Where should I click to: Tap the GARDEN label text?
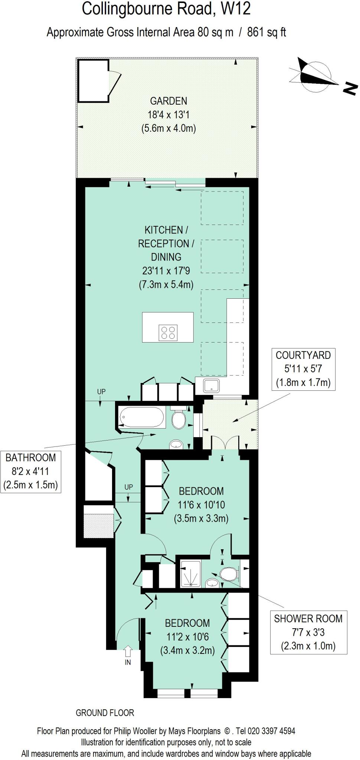pyautogui.click(x=168, y=101)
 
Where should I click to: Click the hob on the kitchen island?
pyautogui.click(x=168, y=332)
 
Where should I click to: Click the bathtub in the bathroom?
pyautogui.click(x=141, y=417)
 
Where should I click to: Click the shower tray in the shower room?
pyautogui.click(x=191, y=574)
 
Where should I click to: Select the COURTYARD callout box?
pyautogui.click(x=303, y=369)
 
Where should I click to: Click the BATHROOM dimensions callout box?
pyautogui.click(x=31, y=471)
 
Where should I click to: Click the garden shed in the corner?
pyautogui.click(x=92, y=80)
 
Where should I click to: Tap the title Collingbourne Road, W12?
pyautogui.click(x=166, y=9)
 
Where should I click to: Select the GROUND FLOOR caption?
pyautogui.click(x=105, y=712)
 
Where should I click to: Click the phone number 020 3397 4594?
pyautogui.click(x=273, y=731)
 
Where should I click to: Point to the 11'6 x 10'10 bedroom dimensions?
pyautogui.click(x=201, y=505)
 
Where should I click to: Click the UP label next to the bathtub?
pyautogui.click(x=101, y=392)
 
